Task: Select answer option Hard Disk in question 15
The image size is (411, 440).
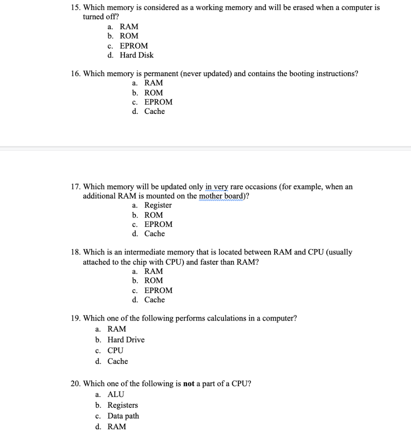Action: tap(136, 55)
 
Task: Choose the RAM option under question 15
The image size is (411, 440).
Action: tap(129, 27)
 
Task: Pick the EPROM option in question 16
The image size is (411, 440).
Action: tap(158, 102)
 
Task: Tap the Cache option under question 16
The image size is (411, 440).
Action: tap(154, 111)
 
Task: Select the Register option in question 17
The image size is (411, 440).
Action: tap(158, 205)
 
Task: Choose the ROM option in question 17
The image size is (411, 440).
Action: tap(154, 215)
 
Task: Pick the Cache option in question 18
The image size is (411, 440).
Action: tap(154, 300)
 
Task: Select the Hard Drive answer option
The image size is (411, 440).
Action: tap(126, 340)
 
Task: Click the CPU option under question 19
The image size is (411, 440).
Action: tap(115, 351)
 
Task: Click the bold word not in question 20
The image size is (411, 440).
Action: tap(189, 384)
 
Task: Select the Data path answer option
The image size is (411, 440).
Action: tap(123, 416)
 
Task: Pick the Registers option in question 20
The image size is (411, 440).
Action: tap(123, 405)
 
